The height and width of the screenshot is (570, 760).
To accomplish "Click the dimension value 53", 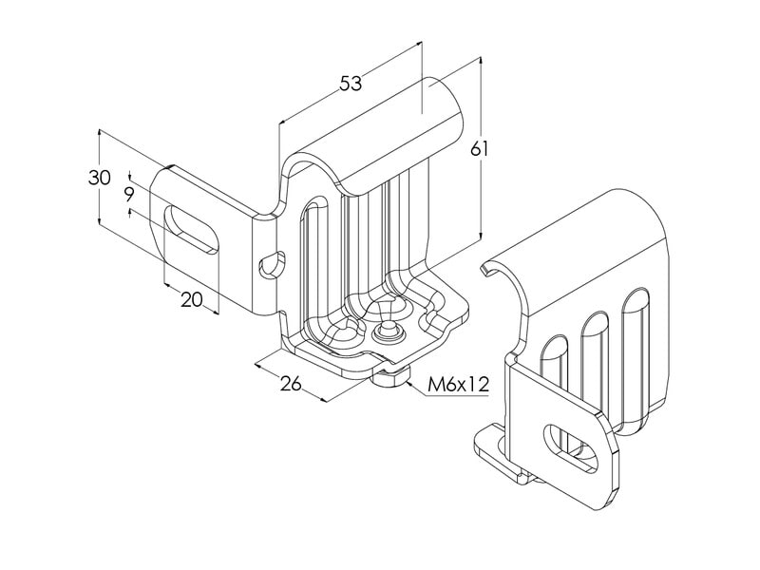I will [x=351, y=84].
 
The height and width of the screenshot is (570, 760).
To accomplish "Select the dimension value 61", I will [x=480, y=149].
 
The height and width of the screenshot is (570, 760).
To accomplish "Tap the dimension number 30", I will [x=99, y=178].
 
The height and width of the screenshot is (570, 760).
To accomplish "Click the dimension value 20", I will [x=191, y=299].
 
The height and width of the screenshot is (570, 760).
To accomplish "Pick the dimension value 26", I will [x=291, y=383].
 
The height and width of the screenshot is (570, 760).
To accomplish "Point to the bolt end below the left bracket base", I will [x=389, y=379].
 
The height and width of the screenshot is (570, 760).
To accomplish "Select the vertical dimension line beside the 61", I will [x=481, y=190].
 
